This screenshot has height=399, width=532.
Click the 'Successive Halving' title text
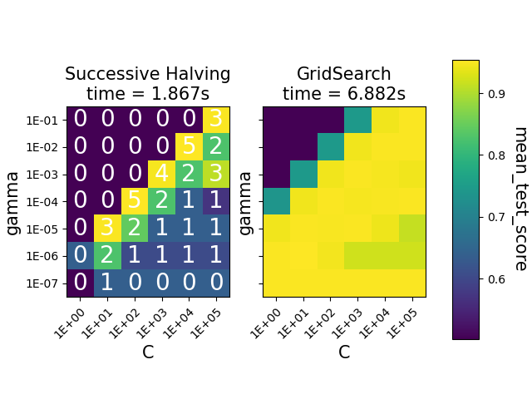coord(148,74)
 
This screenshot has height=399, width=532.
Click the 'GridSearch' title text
coord(344,74)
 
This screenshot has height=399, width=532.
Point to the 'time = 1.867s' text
coord(148,94)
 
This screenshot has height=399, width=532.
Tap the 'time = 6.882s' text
coord(344,94)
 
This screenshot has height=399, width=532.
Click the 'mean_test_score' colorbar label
coord(520,199)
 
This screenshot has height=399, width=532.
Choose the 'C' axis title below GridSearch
coord(344,352)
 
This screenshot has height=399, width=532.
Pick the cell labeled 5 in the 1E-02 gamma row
coord(189,147)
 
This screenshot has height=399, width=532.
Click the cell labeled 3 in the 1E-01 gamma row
coord(216,120)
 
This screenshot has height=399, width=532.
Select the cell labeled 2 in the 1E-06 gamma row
coord(107,256)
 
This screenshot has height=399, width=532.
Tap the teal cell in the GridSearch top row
coord(357,120)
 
